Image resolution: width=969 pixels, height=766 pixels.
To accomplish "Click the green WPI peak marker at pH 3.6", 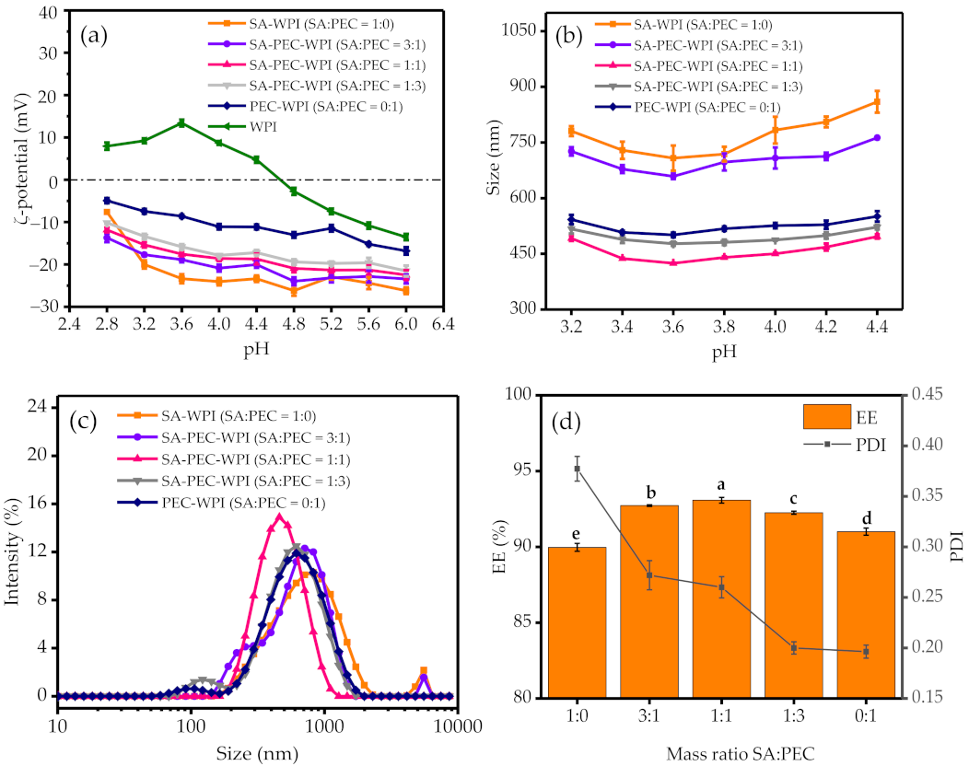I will point(181,122).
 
